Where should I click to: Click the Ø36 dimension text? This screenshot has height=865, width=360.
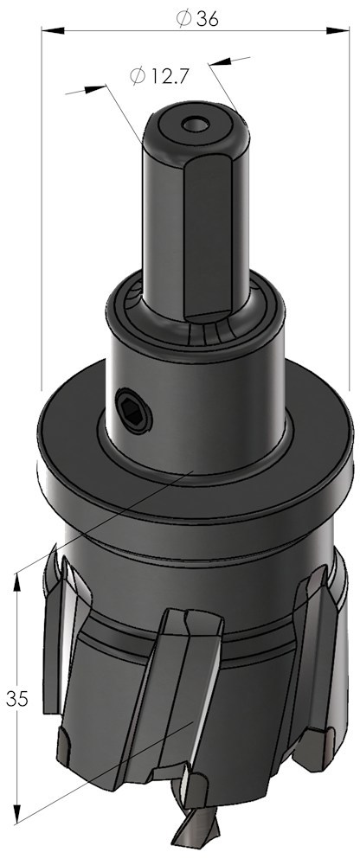pyautogui.click(x=197, y=19)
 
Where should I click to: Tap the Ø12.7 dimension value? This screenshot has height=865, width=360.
pyautogui.click(x=160, y=75)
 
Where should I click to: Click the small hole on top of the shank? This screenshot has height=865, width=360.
pyautogui.click(x=196, y=124)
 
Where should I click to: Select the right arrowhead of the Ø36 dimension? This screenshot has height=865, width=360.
pyautogui.click(x=337, y=30)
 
